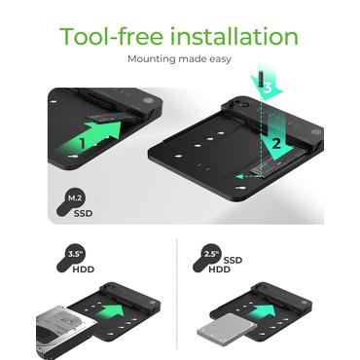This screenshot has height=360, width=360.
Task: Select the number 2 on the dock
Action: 276,143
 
